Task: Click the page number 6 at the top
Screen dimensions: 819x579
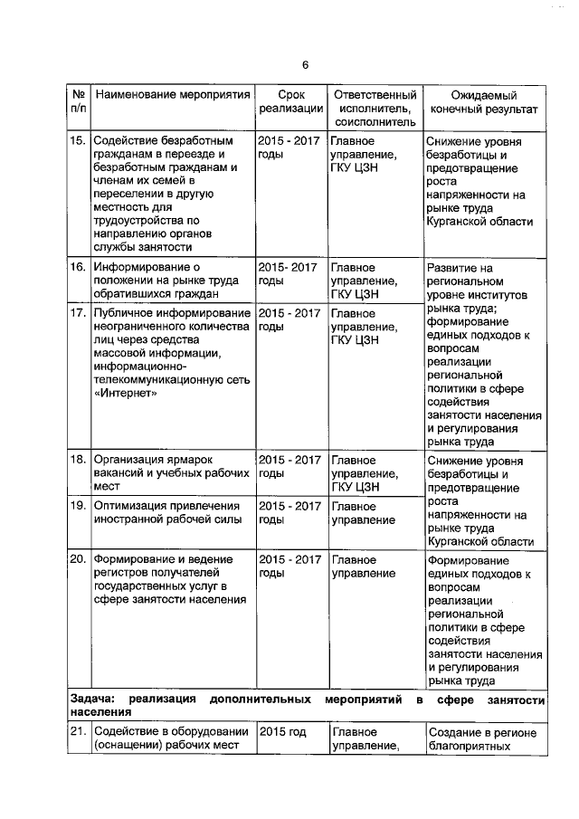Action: pos(305,64)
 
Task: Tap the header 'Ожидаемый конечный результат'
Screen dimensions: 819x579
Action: pos(484,101)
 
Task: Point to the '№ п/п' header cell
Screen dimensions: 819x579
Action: pos(78,101)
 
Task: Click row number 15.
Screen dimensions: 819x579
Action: pos(78,142)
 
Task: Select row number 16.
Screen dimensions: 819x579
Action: pos(78,268)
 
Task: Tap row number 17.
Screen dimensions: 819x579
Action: pos(78,313)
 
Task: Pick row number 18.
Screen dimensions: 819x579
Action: pos(78,459)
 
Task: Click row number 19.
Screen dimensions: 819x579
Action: pos(78,506)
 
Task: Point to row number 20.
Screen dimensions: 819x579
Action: pos(78,558)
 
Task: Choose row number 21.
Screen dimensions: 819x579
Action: pos(78,732)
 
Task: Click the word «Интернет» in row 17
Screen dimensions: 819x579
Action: pos(126,394)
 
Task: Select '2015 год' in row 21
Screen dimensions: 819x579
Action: pos(282,732)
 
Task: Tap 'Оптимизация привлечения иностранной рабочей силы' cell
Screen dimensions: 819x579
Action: pos(167,513)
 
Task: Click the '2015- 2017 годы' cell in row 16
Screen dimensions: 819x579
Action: pos(289,275)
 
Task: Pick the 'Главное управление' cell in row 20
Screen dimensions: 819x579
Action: pos(363,566)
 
